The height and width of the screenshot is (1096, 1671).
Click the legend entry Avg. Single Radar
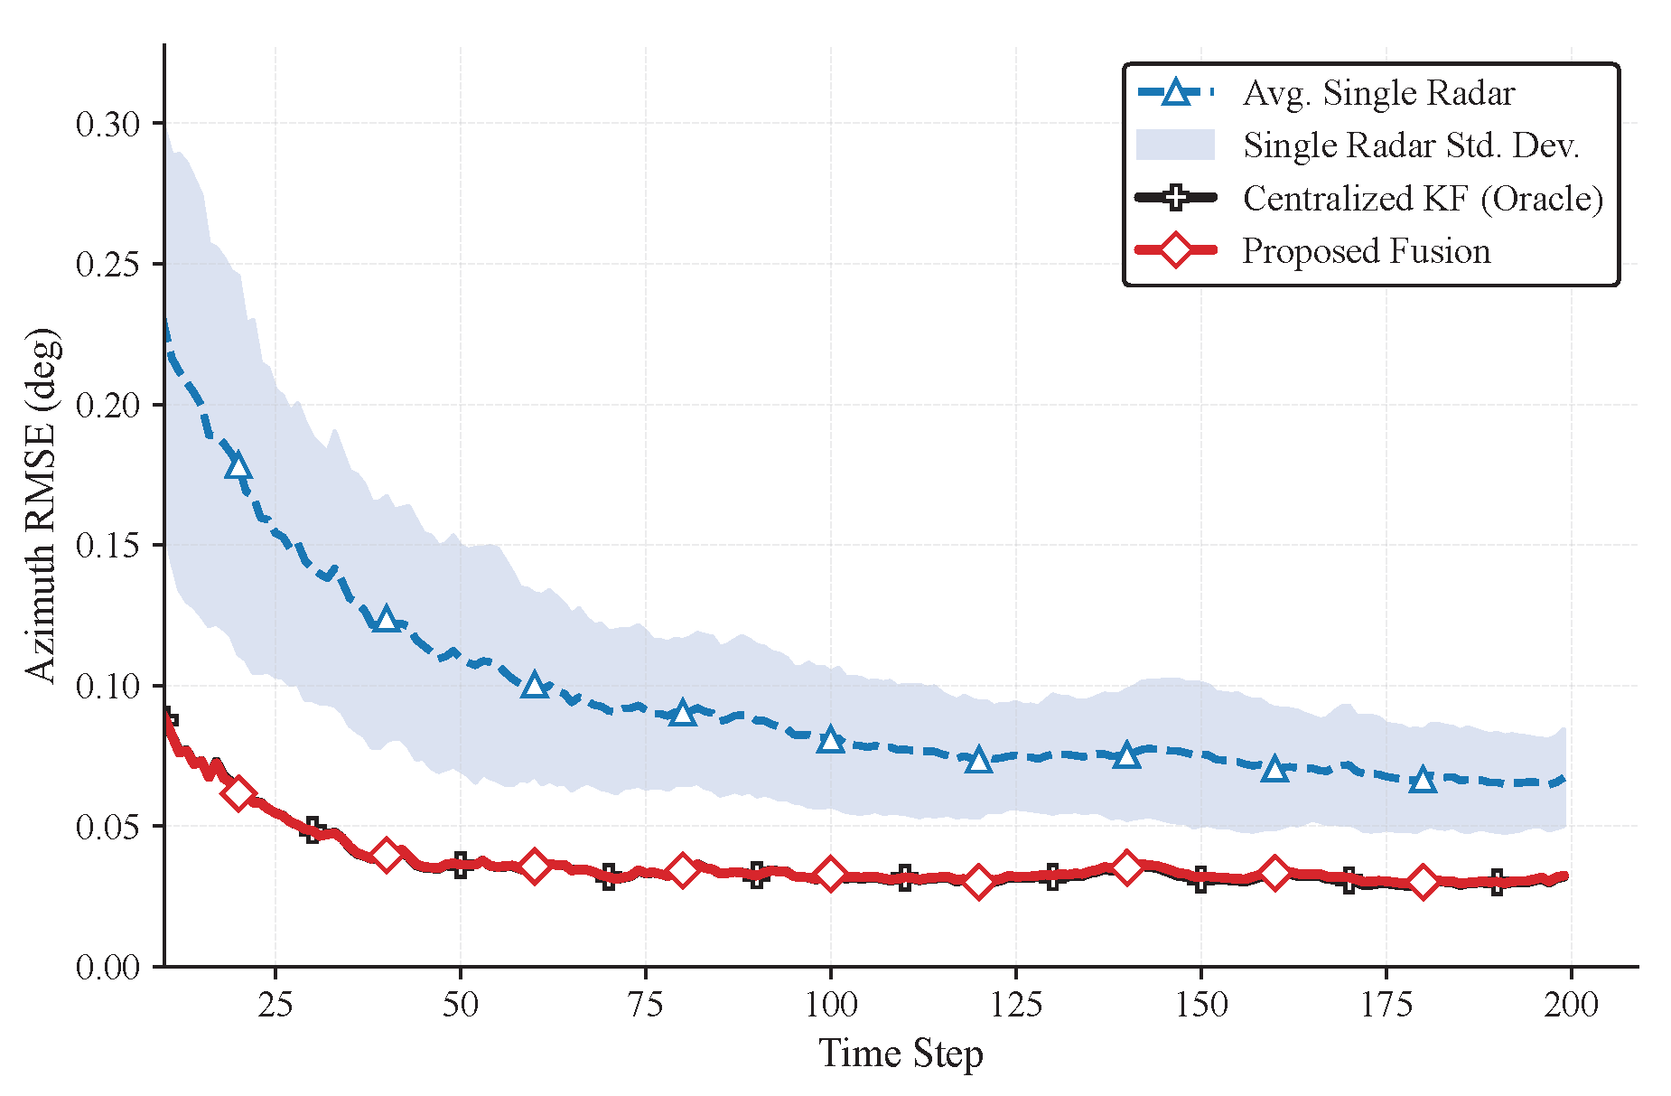(1378, 93)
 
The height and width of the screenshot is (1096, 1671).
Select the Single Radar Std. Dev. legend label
(1411, 145)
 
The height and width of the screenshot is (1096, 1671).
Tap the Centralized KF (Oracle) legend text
(1423, 198)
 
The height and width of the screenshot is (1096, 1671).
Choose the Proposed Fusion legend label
(1366, 250)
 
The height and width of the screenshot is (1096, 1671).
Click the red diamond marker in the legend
(1175, 249)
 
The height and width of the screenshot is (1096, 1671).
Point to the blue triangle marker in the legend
(1175, 92)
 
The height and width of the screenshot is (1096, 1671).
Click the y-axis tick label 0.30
(108, 124)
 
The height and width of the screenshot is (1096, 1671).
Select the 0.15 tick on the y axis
(108, 546)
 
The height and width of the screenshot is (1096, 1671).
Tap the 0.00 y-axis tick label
(108, 968)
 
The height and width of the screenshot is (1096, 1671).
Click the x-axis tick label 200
(1571, 1004)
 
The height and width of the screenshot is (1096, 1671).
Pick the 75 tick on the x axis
(646, 1004)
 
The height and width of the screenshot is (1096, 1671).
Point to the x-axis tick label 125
(1016, 1004)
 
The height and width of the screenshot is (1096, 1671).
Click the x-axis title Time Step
(901, 1054)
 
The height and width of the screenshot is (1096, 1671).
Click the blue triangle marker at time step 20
(238, 466)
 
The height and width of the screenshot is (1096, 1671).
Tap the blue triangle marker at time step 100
(831, 740)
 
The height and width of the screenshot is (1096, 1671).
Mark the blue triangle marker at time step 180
(1424, 779)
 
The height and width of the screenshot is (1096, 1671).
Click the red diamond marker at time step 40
(387, 854)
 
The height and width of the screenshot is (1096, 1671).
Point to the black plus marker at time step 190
(1498, 883)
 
